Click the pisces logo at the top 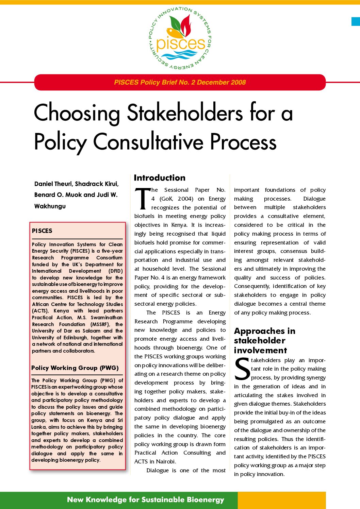pos(180,38)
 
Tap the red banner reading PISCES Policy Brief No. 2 pos(180,82)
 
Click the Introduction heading pos(160,178)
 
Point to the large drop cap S pos(242,369)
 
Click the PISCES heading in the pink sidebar pos(42,231)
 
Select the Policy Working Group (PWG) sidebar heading pos(75,368)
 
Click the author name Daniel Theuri pos(53,184)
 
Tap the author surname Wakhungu pos(50,206)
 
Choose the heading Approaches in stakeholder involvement pos(264,341)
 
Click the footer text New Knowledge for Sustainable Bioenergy pos(146,499)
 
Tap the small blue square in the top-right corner pos(356,21)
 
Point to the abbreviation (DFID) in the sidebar pos(115,271)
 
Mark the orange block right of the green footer pos(281,500)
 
